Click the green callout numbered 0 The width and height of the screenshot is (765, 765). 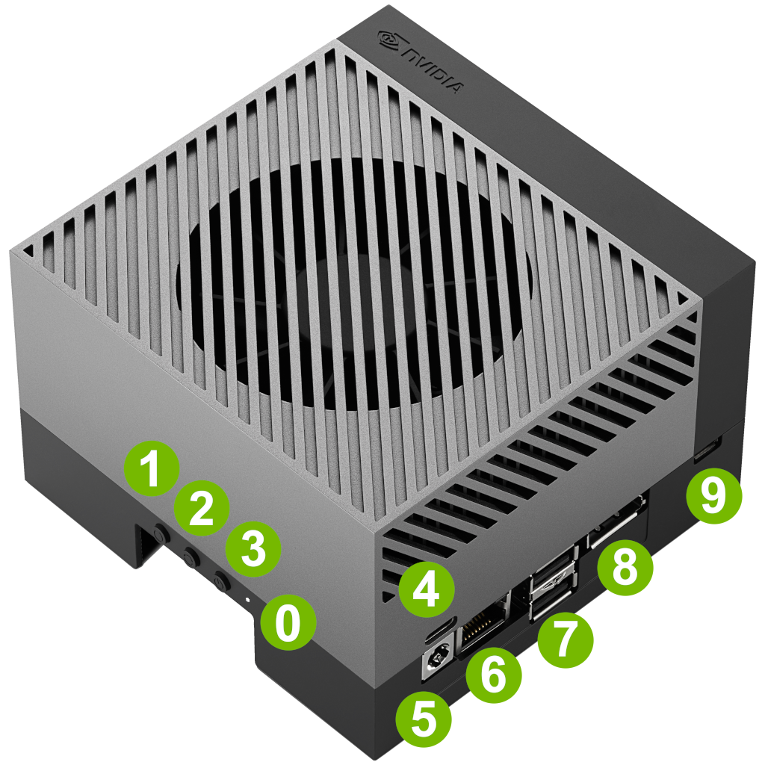pyautogui.click(x=288, y=622)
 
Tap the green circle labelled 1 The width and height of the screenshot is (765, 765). pyautogui.click(x=152, y=469)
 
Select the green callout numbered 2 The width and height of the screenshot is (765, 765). pyautogui.click(x=202, y=508)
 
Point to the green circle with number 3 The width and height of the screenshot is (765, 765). pyautogui.click(x=253, y=549)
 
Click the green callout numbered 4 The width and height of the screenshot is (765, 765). pyautogui.click(x=427, y=589)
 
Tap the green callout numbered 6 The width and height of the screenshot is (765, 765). pyautogui.click(x=494, y=675)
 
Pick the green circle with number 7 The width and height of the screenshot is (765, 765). pyautogui.click(x=566, y=639)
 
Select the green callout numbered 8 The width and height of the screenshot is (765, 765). pyautogui.click(x=625, y=567)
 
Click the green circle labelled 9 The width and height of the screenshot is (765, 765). pyautogui.click(x=713, y=495)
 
